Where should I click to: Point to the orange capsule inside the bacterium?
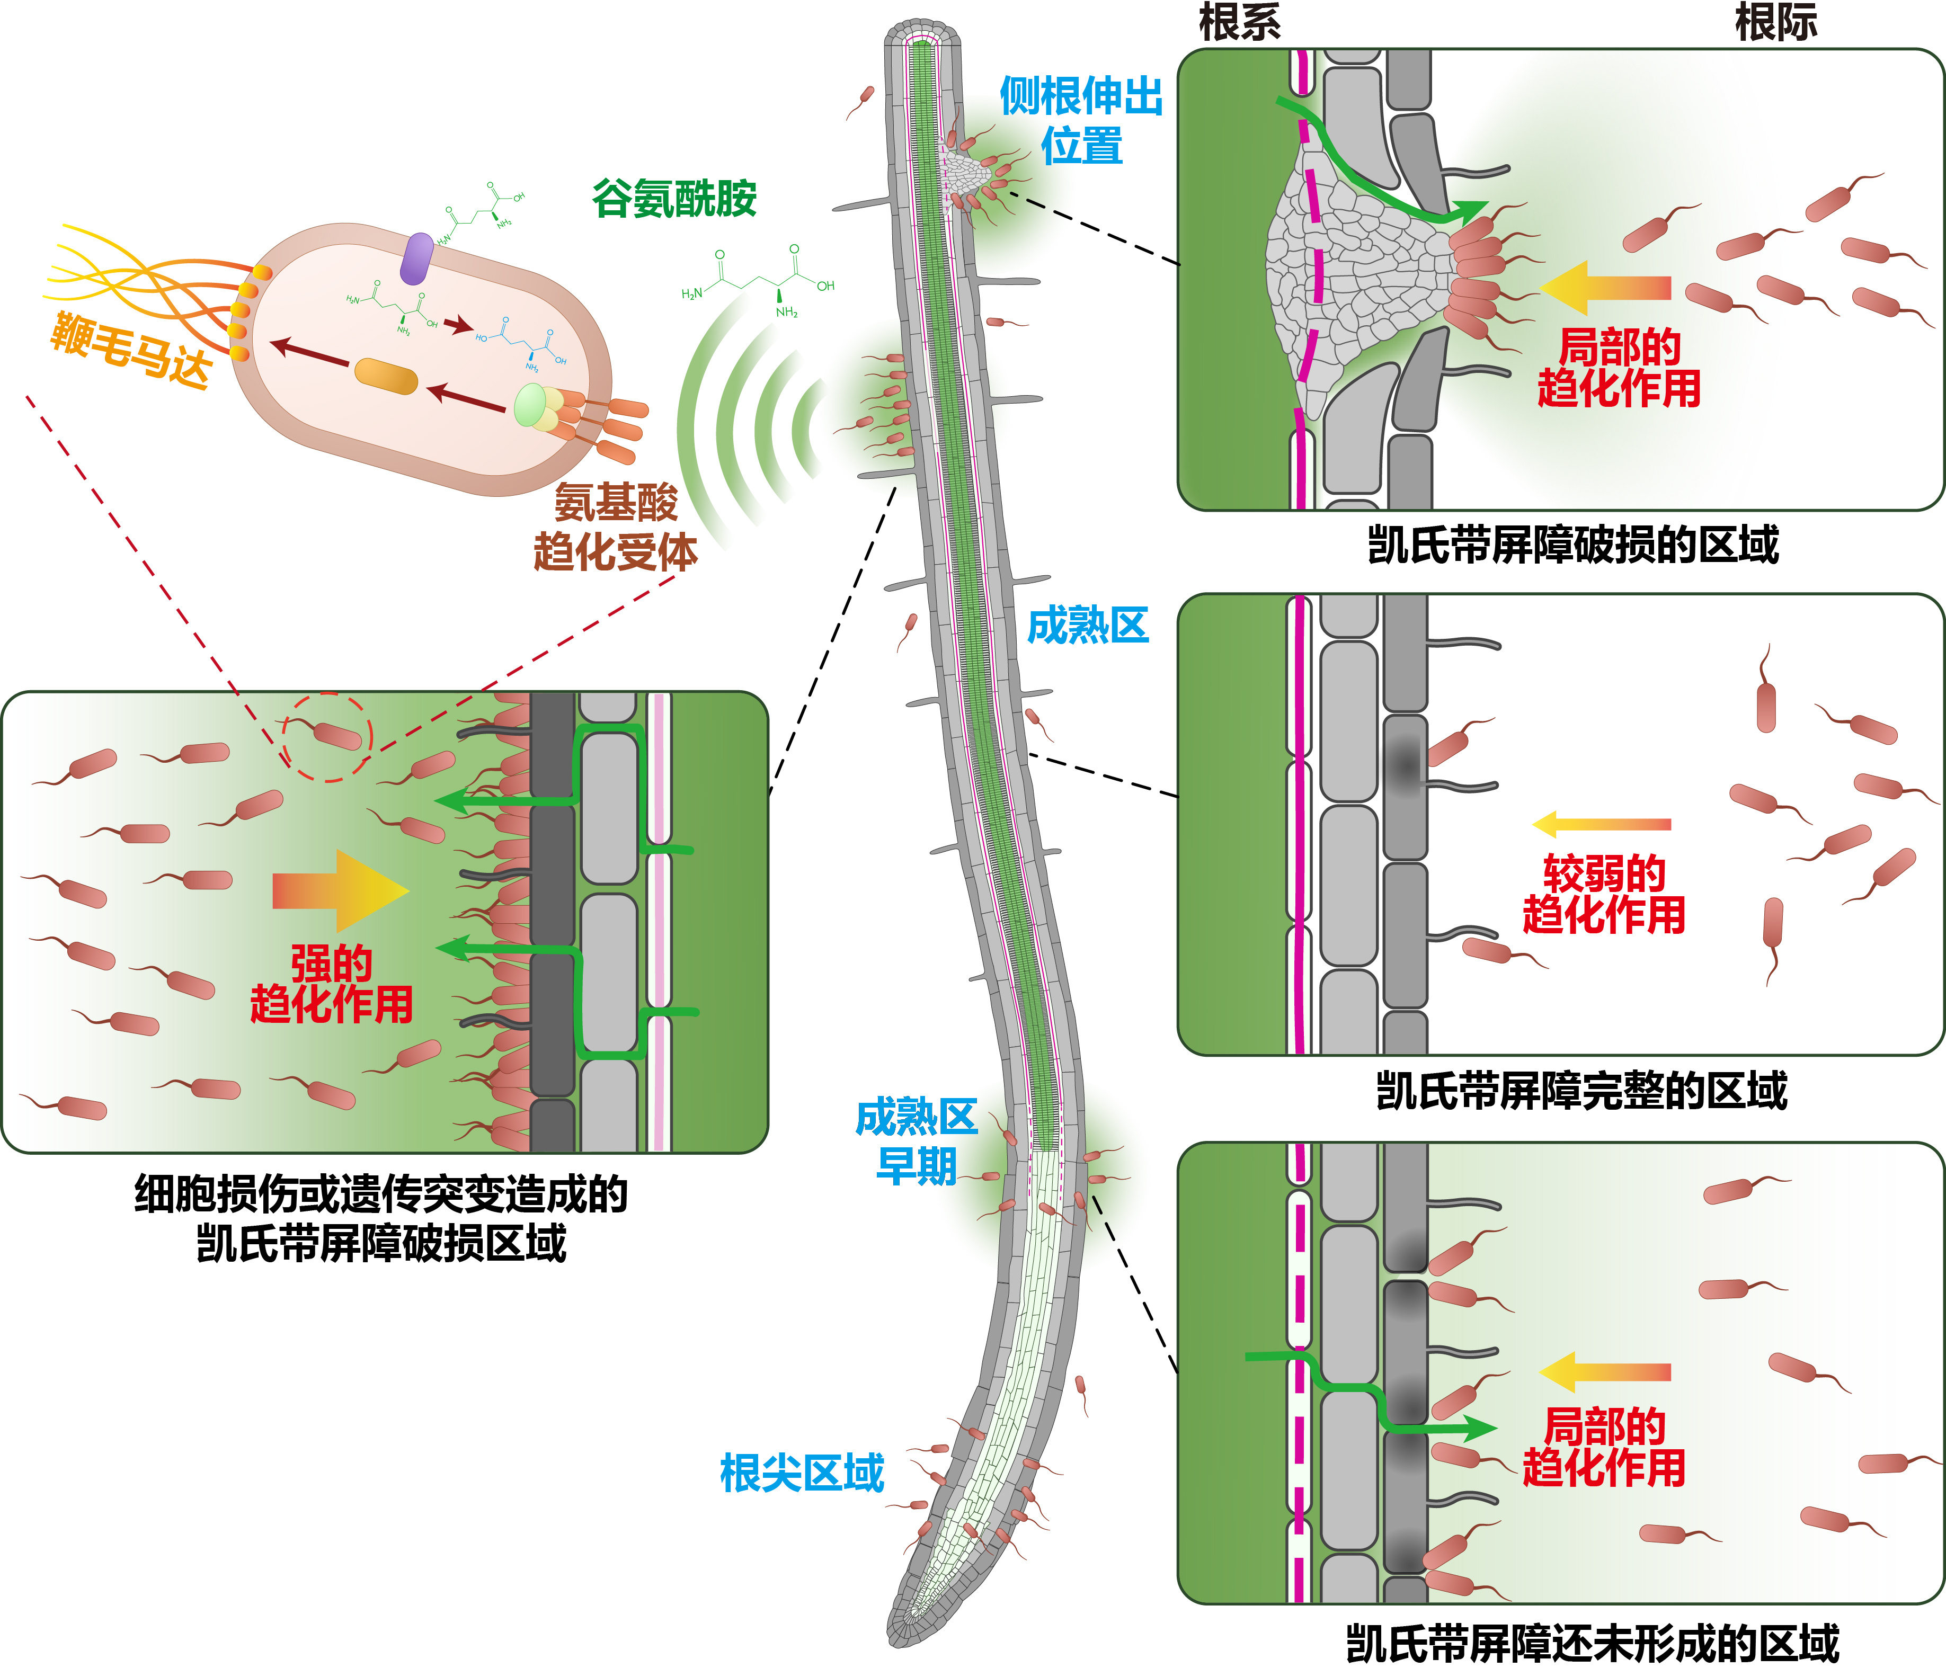coord(385,377)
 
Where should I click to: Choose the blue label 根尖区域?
coord(801,1473)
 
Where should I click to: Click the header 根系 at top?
coord(1240,23)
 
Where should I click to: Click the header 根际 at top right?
coord(1775,23)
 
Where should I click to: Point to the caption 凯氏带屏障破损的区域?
coord(1573,545)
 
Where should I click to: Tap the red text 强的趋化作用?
coord(332,984)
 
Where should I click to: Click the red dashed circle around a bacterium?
coord(328,737)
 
